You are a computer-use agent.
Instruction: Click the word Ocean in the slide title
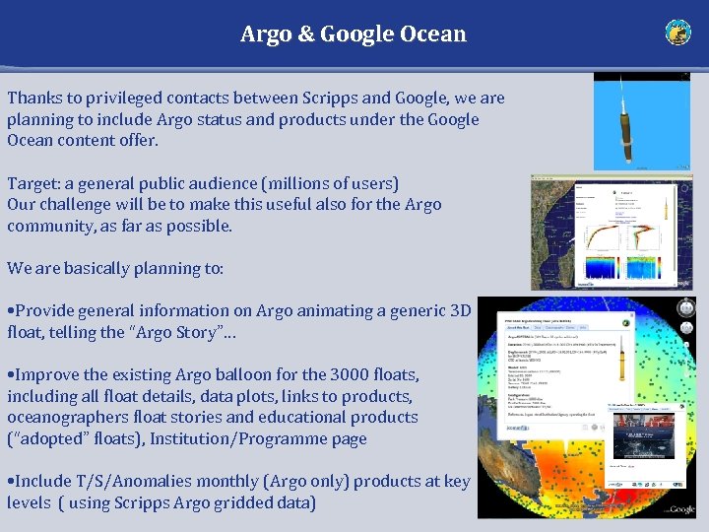click(433, 34)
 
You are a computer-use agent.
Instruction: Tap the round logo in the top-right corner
click(677, 33)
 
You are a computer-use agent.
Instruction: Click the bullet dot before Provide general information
click(10, 311)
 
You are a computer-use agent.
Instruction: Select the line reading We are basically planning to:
click(115, 268)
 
